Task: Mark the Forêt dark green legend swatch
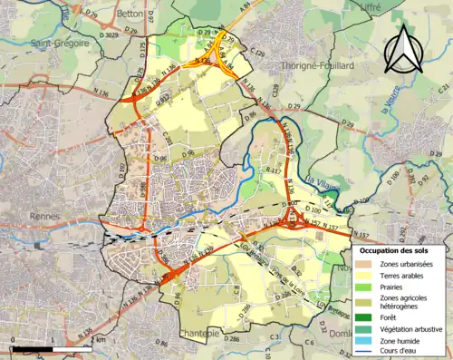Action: coord(363,316)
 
